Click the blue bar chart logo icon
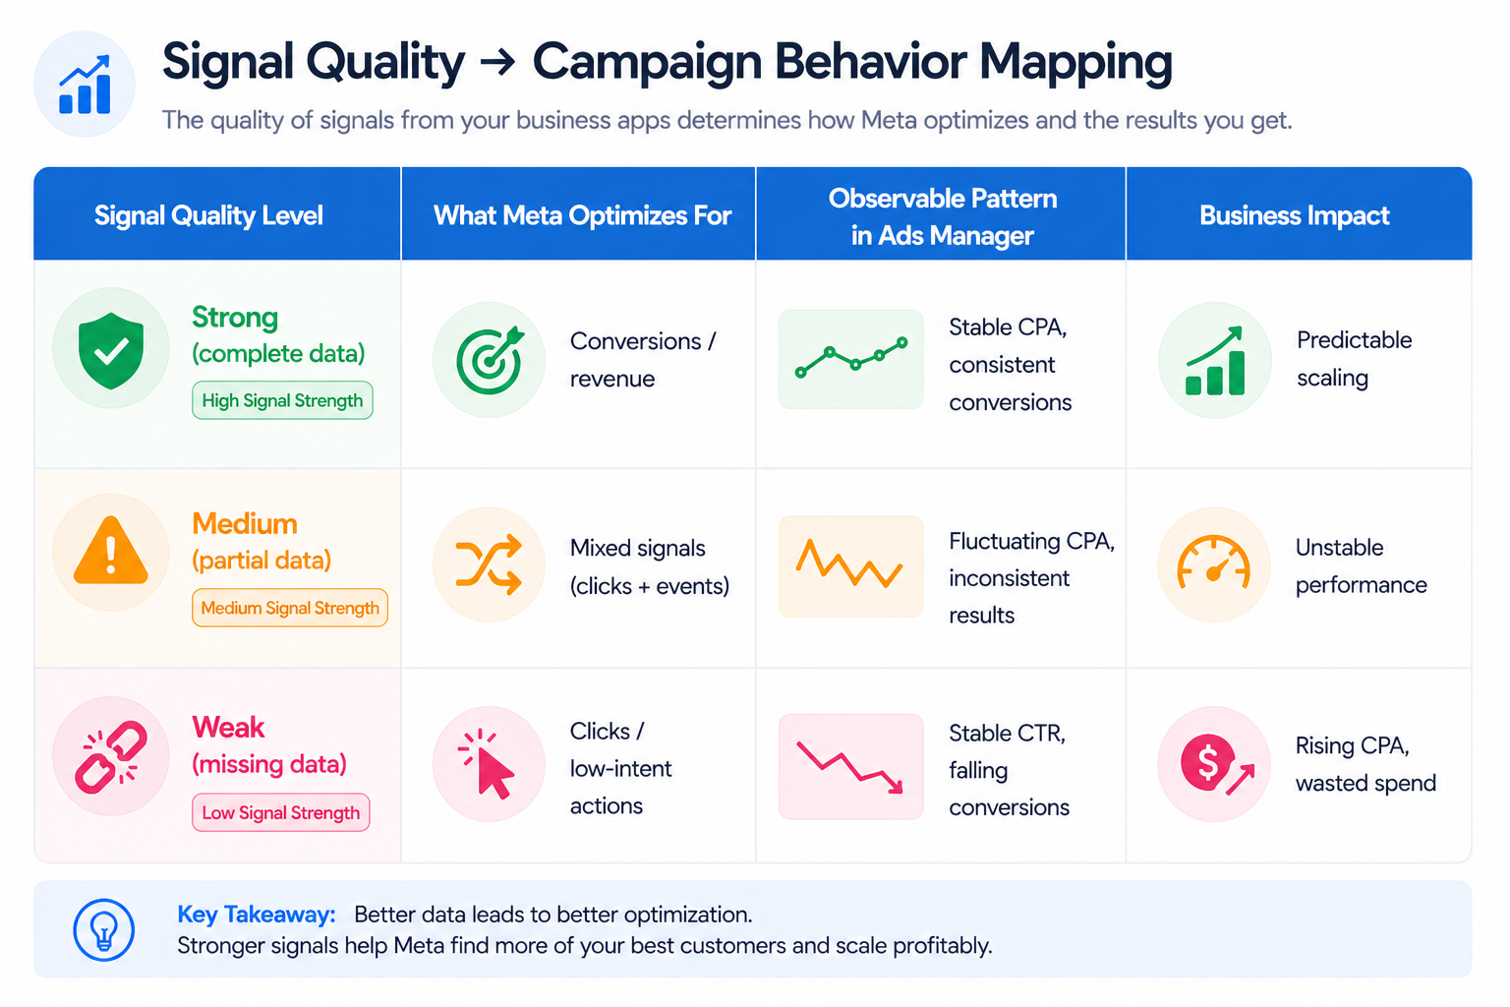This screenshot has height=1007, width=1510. tap(85, 85)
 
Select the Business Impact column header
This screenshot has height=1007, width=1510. tap(1294, 215)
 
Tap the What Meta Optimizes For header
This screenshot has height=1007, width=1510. tap(582, 215)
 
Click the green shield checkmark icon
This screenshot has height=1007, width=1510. tap(111, 350)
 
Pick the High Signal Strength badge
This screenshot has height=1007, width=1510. tap(282, 400)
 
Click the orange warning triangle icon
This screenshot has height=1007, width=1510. tap(111, 552)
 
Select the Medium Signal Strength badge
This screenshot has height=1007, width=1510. tap(290, 608)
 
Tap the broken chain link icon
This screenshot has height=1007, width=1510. tap(111, 756)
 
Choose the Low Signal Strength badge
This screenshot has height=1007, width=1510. tap(281, 812)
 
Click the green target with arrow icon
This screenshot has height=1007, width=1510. tap(490, 359)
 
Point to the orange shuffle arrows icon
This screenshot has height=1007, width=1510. tap(489, 564)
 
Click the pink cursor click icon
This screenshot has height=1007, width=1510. tap(489, 763)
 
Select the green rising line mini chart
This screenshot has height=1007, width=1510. tap(850, 359)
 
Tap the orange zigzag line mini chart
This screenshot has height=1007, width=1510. tap(850, 565)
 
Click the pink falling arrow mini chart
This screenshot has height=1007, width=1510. tap(850, 767)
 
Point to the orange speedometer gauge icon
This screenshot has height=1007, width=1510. tap(1214, 564)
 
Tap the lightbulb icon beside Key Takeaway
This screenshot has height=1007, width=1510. tap(104, 929)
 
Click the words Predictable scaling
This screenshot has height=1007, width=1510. tap(1353, 359)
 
